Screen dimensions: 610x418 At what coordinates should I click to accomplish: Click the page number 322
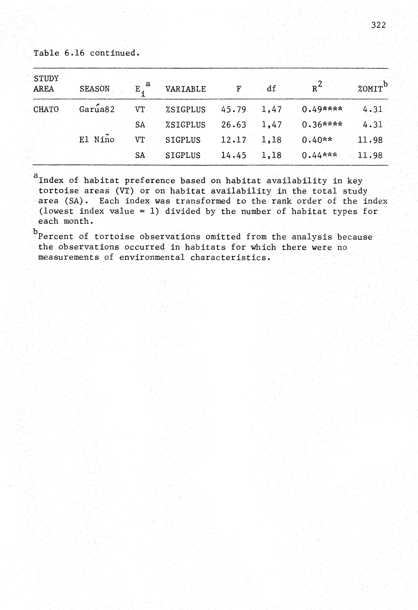(378, 25)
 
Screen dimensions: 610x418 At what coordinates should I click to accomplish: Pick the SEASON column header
(95, 89)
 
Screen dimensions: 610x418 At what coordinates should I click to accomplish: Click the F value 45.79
(233, 109)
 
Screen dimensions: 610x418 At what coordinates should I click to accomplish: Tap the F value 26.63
(233, 125)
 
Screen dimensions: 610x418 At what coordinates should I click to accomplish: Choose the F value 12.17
(233, 140)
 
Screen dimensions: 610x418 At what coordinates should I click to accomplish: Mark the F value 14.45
(233, 155)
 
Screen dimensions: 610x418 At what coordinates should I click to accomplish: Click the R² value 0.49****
(322, 109)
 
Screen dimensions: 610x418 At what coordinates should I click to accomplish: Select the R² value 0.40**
(317, 140)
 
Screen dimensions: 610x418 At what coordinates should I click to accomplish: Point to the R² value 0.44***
(319, 155)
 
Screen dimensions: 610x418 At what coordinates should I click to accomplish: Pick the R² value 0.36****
(322, 125)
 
